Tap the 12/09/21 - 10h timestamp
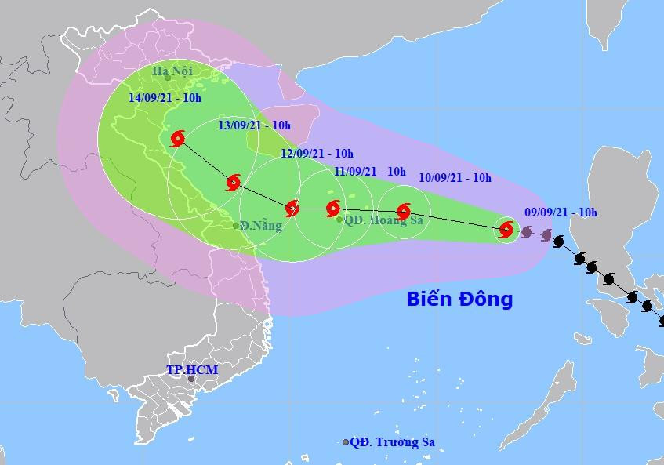click(x=317, y=153)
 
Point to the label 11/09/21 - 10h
click(x=369, y=171)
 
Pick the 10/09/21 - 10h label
click(x=455, y=178)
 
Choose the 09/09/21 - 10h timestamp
click(x=561, y=212)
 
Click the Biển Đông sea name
click(x=459, y=299)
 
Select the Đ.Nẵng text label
click(x=261, y=226)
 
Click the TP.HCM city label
click(x=192, y=369)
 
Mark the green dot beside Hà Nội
click(x=167, y=78)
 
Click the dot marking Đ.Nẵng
click(x=236, y=226)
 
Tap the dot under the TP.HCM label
click(x=190, y=380)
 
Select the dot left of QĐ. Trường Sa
click(x=346, y=443)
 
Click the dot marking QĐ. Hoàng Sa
click(x=339, y=220)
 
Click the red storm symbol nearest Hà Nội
click(x=177, y=140)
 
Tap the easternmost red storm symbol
click(x=506, y=231)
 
